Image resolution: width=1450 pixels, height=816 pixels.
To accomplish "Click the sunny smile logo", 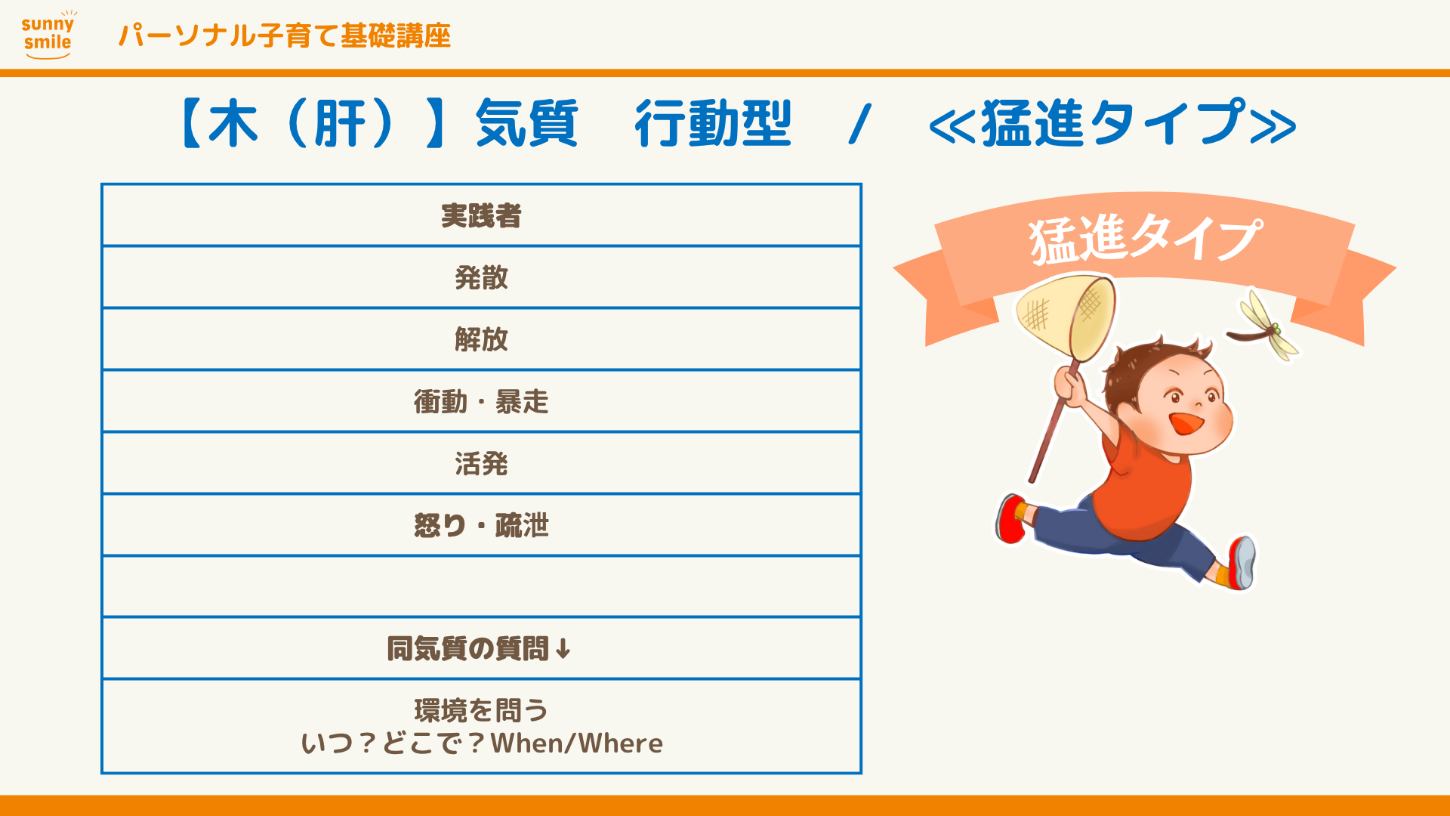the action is tap(48, 35).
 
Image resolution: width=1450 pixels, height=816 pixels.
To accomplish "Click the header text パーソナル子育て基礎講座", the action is tap(285, 36).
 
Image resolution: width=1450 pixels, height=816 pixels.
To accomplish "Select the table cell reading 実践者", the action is tap(481, 215).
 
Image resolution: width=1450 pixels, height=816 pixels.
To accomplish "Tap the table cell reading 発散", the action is tap(481, 277).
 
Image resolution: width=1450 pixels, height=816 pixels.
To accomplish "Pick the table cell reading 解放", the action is tap(481, 339).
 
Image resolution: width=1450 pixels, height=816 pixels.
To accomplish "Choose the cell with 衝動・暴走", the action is tap(481, 401).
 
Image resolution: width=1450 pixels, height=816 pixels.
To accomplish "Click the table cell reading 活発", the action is tap(481, 463).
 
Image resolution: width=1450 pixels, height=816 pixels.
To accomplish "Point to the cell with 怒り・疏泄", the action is tap(481, 525).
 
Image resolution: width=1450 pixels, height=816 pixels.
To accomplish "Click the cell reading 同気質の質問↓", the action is tap(481, 648).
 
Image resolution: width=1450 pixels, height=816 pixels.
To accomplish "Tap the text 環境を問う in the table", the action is tap(481, 710).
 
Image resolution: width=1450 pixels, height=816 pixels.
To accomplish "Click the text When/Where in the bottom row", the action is tap(577, 743).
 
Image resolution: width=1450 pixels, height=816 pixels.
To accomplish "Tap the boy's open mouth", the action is tap(1186, 422).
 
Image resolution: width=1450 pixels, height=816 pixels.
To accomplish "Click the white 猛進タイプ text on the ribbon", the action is tap(1145, 238).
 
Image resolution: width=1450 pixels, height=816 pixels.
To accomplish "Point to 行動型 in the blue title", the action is tap(713, 123).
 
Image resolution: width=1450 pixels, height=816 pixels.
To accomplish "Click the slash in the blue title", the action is tap(860, 124).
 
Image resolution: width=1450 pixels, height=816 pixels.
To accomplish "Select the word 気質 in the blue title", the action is tap(526, 123).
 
